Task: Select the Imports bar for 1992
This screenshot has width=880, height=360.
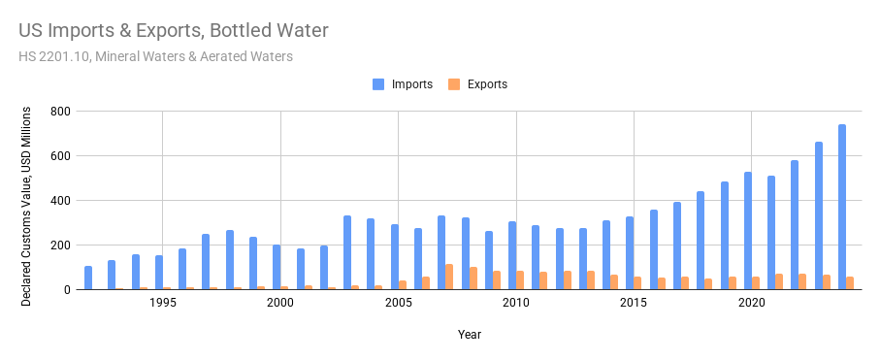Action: [x=88, y=278]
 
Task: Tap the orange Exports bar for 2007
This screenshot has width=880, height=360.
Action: [x=449, y=277]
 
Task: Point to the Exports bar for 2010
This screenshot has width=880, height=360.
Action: [x=520, y=280]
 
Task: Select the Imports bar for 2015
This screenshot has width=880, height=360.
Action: [x=630, y=253]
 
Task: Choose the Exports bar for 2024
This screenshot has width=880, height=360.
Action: [x=850, y=283]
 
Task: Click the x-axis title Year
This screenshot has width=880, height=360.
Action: [x=470, y=335]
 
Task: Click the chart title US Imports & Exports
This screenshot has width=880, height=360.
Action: [x=174, y=30]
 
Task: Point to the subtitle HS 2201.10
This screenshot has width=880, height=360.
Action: [x=155, y=56]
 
